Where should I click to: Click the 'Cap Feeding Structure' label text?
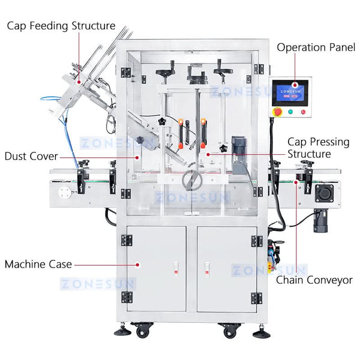point(61,26)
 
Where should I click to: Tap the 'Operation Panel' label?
point(316,47)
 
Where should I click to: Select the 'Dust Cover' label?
point(31,157)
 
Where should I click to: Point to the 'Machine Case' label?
point(38,264)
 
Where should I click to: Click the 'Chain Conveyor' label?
point(314,280)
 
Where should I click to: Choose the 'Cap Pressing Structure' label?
point(318,148)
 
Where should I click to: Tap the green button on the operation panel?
point(290,112)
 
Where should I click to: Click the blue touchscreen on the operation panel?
point(290,93)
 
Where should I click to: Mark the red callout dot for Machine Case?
point(137,265)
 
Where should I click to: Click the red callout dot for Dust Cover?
point(137,157)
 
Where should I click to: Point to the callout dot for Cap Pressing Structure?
point(208,155)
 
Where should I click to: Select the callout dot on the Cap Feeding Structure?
point(79,82)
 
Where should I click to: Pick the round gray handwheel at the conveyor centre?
point(192,180)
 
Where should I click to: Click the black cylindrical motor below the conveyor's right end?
point(320,220)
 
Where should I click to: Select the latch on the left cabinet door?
point(176,268)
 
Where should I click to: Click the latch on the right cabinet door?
point(207,268)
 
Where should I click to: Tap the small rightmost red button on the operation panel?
point(303,112)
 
